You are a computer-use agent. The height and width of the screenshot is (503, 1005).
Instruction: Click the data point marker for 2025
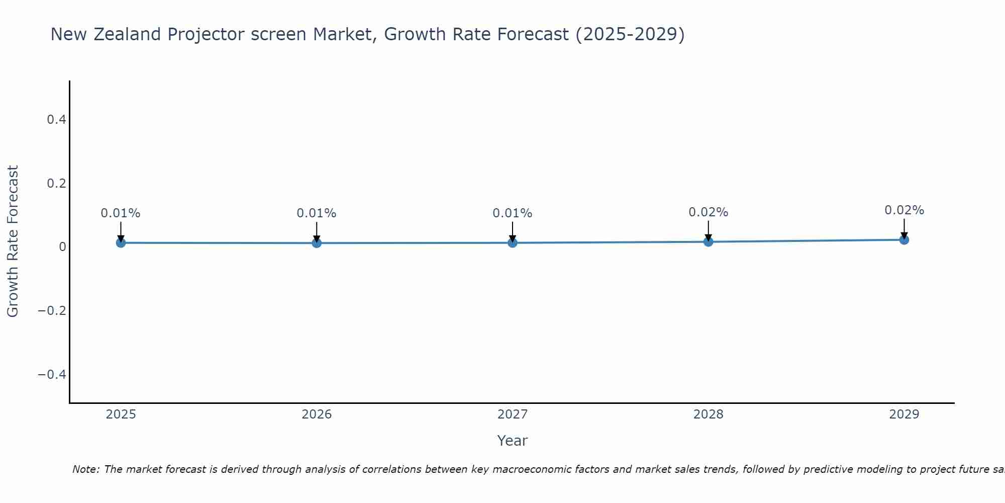pyautogui.click(x=121, y=243)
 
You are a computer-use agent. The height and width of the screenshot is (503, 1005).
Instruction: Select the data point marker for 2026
pyautogui.click(x=317, y=243)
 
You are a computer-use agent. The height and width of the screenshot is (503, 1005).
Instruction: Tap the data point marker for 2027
pyautogui.click(x=513, y=243)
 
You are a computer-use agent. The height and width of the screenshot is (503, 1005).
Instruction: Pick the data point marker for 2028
pyautogui.click(x=709, y=242)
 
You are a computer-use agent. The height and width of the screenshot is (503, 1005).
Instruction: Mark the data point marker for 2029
pyautogui.click(x=904, y=240)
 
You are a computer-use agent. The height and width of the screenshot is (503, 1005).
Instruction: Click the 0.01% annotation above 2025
pyautogui.click(x=121, y=213)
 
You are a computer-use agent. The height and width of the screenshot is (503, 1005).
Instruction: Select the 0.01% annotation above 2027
pyautogui.click(x=513, y=213)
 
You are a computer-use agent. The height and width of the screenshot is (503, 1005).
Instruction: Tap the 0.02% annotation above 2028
pyautogui.click(x=709, y=212)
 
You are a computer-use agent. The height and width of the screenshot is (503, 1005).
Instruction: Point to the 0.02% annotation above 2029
pyautogui.click(x=904, y=210)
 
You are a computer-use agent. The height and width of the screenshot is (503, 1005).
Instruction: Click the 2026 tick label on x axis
pyautogui.click(x=317, y=414)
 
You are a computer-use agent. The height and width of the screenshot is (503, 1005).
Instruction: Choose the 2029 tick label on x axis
pyautogui.click(x=904, y=414)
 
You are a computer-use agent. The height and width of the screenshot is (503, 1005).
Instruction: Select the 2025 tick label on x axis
pyautogui.click(x=121, y=414)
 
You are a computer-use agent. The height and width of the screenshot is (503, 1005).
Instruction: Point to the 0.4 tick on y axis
pyautogui.click(x=56, y=120)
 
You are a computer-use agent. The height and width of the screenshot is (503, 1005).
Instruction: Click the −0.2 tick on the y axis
pyautogui.click(x=52, y=311)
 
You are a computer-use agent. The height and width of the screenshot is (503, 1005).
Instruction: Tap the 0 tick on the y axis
pyautogui.click(x=62, y=247)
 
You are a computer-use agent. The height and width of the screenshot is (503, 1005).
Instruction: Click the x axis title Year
pyautogui.click(x=512, y=441)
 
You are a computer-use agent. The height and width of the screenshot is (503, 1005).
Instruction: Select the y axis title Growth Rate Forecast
pyautogui.click(x=13, y=241)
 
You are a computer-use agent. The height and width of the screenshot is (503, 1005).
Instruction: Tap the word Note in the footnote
pyautogui.click(x=86, y=469)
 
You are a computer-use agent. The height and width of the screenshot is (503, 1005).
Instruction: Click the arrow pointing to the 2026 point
pyautogui.click(x=317, y=231)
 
